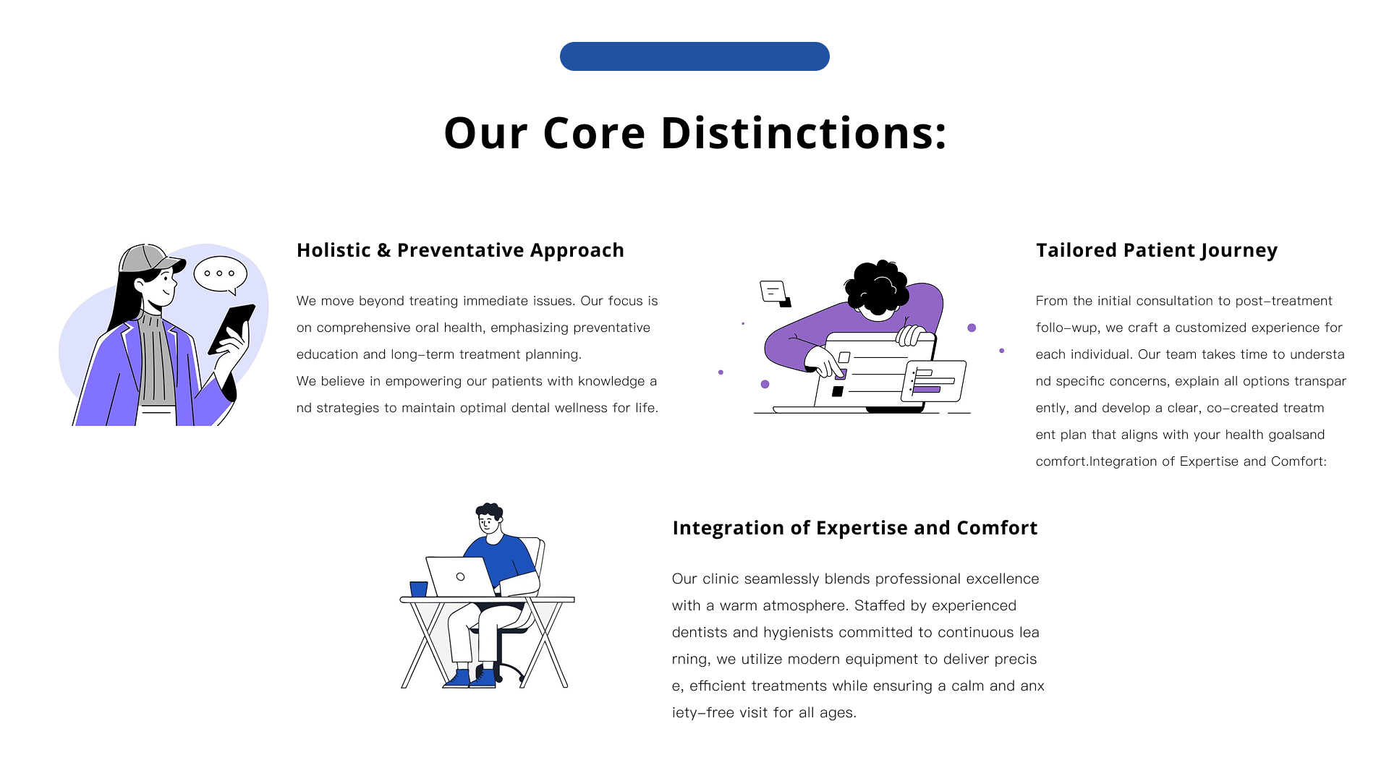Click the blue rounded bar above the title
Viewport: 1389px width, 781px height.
pyautogui.click(x=694, y=56)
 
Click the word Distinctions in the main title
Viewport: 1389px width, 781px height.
pyautogui.click(x=804, y=133)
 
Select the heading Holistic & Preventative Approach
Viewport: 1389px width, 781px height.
pyautogui.click(x=460, y=250)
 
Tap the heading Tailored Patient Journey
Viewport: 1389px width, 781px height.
pyautogui.click(x=1157, y=250)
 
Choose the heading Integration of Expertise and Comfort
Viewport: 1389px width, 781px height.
pyautogui.click(x=855, y=528)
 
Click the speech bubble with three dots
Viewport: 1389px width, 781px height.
pyautogui.click(x=221, y=275)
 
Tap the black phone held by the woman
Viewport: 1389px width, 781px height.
pyautogui.click(x=231, y=329)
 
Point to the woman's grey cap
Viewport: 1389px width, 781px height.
pyautogui.click(x=149, y=259)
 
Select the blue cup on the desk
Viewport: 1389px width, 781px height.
pyautogui.click(x=419, y=589)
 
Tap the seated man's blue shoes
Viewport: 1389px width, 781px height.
pyautogui.click(x=470, y=678)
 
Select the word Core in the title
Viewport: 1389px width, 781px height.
pyautogui.click(x=593, y=133)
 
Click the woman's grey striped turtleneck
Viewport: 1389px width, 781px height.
pyautogui.click(x=157, y=358)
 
